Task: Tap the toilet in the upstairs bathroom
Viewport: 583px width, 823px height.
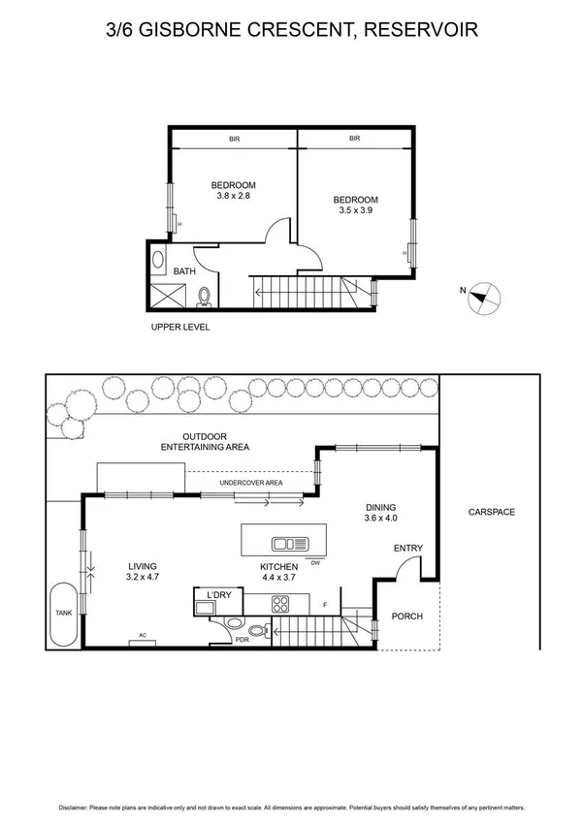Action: click(x=205, y=296)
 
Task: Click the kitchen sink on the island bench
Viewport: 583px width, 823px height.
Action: click(x=289, y=544)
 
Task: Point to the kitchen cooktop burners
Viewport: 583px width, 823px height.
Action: click(x=282, y=604)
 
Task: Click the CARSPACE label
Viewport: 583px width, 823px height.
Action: click(x=491, y=512)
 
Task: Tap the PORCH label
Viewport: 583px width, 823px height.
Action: click(x=407, y=617)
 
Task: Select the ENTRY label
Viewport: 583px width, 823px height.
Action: click(x=407, y=549)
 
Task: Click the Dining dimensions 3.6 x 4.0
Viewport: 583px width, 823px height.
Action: click(x=380, y=518)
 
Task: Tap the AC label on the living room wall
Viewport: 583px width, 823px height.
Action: click(x=142, y=636)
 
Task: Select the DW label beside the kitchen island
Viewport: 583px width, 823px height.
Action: click(x=314, y=562)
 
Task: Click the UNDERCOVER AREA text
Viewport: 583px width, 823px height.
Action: click(x=250, y=482)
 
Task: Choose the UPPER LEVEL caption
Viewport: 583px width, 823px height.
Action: click(x=180, y=327)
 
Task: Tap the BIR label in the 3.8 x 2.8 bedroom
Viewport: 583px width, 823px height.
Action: click(x=234, y=140)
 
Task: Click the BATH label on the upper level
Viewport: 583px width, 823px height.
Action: click(x=184, y=271)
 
